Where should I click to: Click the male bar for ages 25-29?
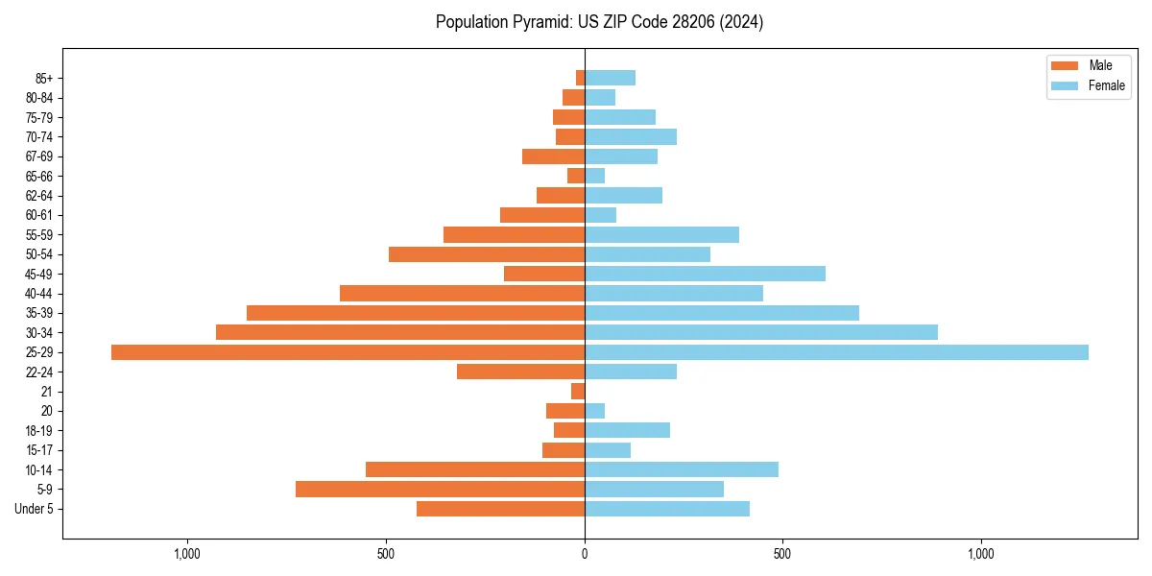click(348, 352)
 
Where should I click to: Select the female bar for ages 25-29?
click(836, 352)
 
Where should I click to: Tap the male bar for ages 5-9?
click(440, 489)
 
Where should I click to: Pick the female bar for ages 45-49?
click(705, 274)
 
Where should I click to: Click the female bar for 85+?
click(610, 78)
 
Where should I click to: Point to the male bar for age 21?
click(578, 391)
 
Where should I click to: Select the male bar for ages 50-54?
click(487, 254)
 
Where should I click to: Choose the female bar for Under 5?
click(666, 509)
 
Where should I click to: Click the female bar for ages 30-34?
click(760, 332)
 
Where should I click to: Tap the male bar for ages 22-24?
click(520, 372)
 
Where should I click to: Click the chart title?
click(599, 22)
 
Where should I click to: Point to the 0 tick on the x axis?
click(585, 554)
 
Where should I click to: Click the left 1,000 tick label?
click(187, 554)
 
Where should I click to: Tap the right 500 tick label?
click(782, 554)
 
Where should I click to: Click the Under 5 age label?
click(35, 509)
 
